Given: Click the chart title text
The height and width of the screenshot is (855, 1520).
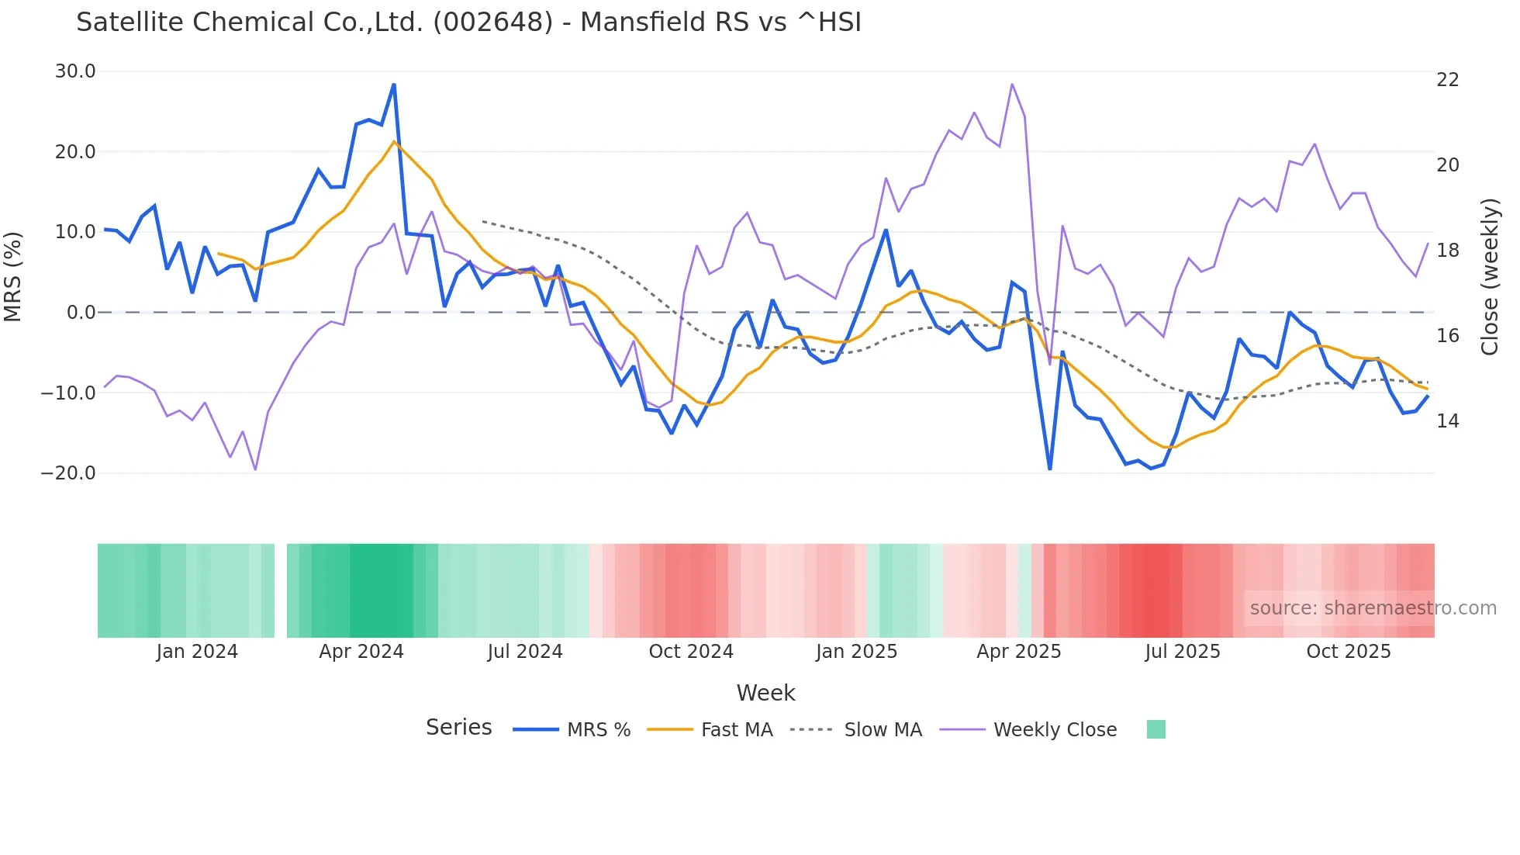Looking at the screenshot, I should coord(468,22).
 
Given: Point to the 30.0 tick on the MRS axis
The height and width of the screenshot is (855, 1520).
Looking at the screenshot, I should coord(75,71).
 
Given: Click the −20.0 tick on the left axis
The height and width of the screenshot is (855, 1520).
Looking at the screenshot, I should coord(68,472).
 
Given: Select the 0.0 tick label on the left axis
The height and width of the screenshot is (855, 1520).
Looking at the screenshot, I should coord(81,313).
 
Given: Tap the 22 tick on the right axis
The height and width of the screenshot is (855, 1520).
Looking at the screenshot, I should coord(1447,80).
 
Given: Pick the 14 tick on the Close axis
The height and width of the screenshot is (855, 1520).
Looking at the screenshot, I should coord(1447,421).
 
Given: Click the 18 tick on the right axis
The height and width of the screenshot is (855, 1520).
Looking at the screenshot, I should coord(1447,251).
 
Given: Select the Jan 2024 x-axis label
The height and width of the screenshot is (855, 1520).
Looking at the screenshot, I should coord(197,652).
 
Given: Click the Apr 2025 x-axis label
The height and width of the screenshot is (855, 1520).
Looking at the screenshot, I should coord(1018,652).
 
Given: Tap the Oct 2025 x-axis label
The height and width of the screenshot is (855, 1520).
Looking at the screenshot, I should coord(1348,652).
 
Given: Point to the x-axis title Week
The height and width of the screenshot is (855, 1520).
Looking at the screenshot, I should coord(765,693).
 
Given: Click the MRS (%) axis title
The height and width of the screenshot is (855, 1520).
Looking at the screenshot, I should coord(13,276).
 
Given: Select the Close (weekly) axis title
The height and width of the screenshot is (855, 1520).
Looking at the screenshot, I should coord(1489,277).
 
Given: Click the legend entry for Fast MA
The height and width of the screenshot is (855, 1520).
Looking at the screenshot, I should coord(736,730).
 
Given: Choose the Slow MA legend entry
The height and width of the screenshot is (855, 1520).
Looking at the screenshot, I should coord(882,730).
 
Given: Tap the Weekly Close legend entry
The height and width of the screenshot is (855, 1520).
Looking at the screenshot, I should coord(1054,730).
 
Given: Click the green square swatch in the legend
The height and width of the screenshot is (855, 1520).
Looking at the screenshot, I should coord(1156,729).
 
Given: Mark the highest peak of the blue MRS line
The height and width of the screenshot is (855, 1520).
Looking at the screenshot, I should coord(394,85).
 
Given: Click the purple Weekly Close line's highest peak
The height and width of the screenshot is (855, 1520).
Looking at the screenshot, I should coord(1012,84).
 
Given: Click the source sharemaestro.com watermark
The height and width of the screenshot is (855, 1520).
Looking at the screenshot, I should coord(1373,608).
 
